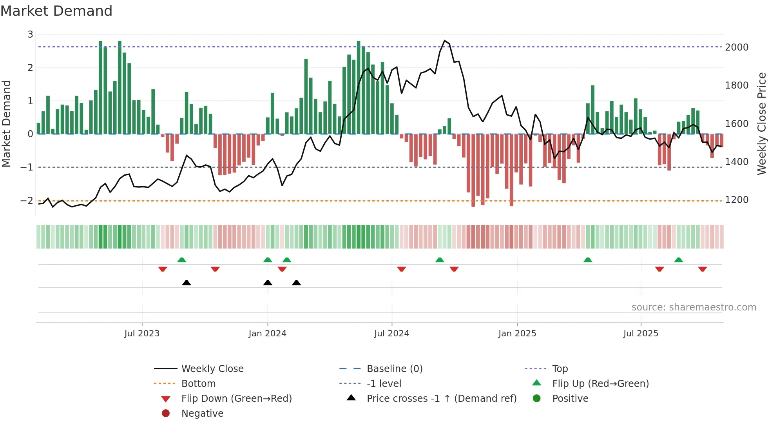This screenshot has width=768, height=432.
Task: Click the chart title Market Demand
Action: click(56, 11)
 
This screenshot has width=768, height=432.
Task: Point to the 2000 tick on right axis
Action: click(737, 47)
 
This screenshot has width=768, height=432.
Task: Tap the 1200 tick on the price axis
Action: click(737, 200)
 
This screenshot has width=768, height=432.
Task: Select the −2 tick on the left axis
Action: click(27, 201)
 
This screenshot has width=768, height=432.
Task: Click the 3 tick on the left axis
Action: click(30, 34)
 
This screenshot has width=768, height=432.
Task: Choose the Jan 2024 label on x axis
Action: click(267, 334)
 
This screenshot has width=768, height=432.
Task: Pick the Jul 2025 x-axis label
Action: click(641, 334)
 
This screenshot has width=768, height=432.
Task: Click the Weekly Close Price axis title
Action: click(761, 123)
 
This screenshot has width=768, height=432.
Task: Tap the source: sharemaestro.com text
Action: click(694, 307)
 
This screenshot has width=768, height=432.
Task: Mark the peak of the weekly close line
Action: click(444, 40)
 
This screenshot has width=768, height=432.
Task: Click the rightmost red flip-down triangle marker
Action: click(702, 269)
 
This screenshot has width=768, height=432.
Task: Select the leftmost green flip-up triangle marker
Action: click(181, 260)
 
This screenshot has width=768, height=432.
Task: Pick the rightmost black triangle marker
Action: click(296, 283)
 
